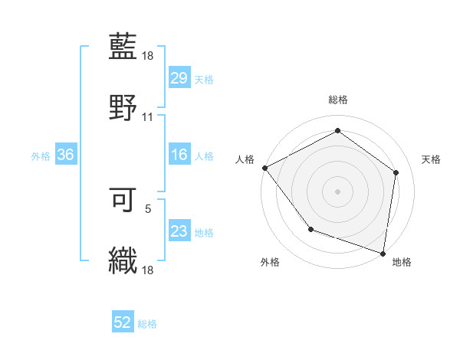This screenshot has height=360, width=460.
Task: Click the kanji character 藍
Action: coord(123,47)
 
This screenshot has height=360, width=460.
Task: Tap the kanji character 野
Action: coord(123,106)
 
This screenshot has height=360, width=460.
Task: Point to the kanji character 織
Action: coord(123,260)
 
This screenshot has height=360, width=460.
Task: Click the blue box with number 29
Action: coord(179,78)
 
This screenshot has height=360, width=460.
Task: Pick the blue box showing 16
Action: coord(179,155)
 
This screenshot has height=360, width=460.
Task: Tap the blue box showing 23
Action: coord(179,232)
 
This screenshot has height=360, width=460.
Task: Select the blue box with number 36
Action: coord(65,155)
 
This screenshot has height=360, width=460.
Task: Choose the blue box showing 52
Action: coord(123,323)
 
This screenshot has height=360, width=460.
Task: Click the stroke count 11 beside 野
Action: coord(148,117)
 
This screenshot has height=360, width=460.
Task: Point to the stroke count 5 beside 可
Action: coord(148,207)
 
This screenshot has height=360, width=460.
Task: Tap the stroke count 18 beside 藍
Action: coord(148,56)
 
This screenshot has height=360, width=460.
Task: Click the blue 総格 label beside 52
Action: coord(147,324)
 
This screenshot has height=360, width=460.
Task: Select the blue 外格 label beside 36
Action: coord(41,156)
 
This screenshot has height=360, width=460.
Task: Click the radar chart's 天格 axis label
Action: coord(431,159)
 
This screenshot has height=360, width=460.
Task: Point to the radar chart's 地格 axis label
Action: coord(402,262)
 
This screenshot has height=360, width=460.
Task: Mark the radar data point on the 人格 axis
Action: coord(264,168)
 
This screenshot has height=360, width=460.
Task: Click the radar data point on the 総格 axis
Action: coord(337,130)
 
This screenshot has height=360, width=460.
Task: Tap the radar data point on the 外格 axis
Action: coord(310,228)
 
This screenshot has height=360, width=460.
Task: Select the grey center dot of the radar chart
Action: coord(337,191)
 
